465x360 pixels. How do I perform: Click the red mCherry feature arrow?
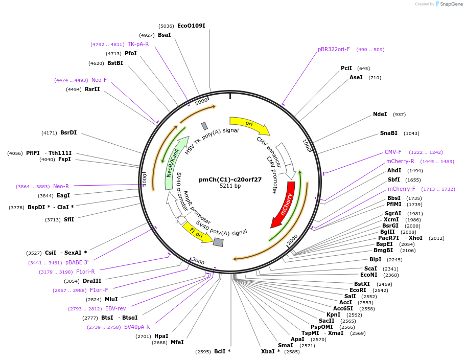tap(284, 205)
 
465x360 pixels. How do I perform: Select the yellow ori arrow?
tap(249, 124)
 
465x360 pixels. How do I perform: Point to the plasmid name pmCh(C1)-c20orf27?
tap(230, 179)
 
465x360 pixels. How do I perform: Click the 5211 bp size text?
tap(230, 186)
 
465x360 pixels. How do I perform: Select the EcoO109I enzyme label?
tap(191, 26)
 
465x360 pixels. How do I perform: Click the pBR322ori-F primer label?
tap(334, 50)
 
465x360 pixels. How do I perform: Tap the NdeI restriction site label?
tap(380, 115)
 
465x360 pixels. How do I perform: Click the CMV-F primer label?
tap(393, 152)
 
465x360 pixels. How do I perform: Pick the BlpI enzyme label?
tap(375, 260)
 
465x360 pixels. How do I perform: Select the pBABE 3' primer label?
tap(77, 262)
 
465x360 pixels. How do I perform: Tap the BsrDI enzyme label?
tap(68, 133)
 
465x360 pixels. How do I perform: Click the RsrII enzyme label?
tap(92, 89)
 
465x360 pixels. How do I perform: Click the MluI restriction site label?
tap(111, 300)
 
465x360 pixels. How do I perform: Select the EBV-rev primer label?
tap(115, 309)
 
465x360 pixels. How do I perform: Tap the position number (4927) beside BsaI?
tap(147, 35)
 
